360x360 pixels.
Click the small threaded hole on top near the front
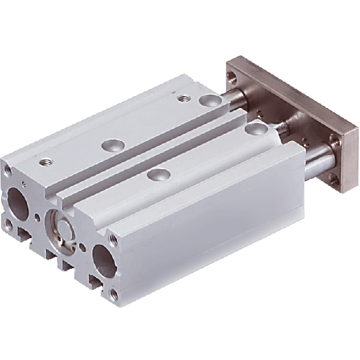pos(44,161)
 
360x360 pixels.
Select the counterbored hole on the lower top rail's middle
pos(158,175)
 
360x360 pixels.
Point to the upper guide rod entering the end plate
pos(238,96)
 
